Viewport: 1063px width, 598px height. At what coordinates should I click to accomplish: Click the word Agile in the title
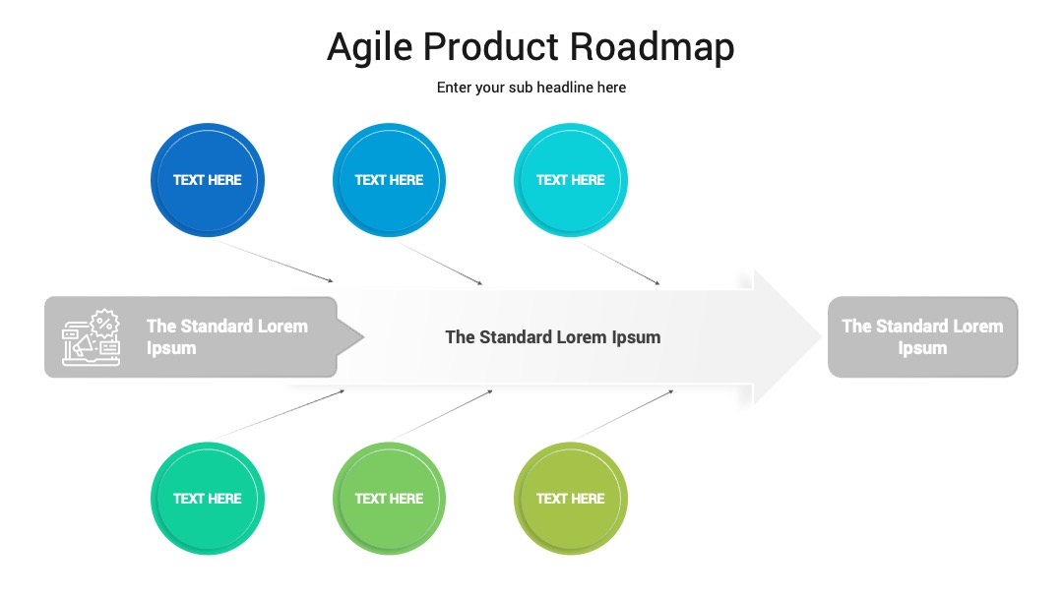[369, 48]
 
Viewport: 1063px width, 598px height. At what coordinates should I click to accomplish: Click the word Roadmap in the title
[652, 47]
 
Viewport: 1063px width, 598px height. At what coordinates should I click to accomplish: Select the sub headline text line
[531, 88]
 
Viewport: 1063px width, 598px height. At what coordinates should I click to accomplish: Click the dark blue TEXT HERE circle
[208, 180]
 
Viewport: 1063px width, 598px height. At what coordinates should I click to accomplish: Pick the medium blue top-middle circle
[389, 180]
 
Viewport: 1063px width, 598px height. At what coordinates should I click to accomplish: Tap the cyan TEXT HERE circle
[571, 180]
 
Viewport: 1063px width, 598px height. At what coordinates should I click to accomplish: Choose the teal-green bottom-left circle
[208, 499]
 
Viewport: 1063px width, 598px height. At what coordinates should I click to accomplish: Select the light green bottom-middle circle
[389, 499]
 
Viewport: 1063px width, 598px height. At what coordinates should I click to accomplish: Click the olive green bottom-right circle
[571, 499]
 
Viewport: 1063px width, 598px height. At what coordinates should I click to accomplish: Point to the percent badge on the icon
[104, 323]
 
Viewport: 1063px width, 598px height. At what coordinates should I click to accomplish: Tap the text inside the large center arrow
[552, 337]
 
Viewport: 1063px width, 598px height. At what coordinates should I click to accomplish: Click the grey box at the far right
[922, 336]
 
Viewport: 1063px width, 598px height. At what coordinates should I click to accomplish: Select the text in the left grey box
[227, 336]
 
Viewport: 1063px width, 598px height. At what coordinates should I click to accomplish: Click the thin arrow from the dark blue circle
[275, 261]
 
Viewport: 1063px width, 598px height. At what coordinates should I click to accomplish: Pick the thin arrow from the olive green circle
[625, 414]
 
